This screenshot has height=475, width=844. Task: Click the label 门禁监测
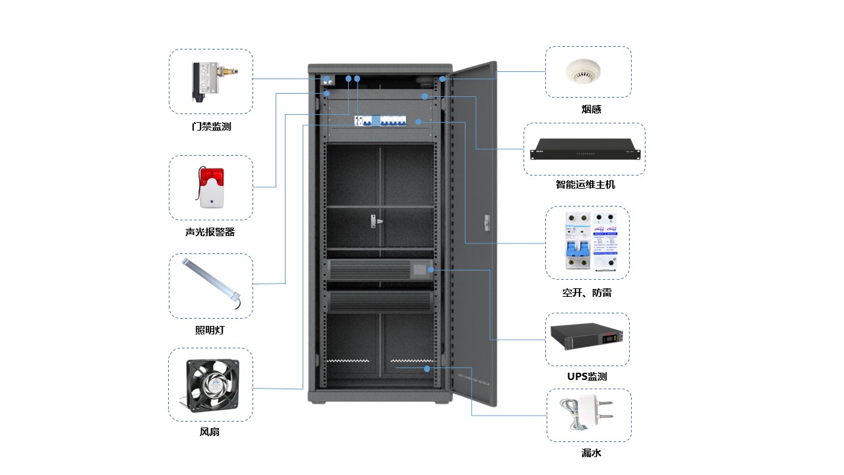pyautogui.click(x=211, y=126)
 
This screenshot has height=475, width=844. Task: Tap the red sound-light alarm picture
pyautogui.click(x=210, y=187)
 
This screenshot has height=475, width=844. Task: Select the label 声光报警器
pyautogui.click(x=210, y=232)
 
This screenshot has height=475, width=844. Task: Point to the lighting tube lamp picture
pyautogui.click(x=210, y=286)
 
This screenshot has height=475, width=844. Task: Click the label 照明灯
pyautogui.click(x=210, y=330)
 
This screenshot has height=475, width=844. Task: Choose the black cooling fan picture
pyautogui.click(x=210, y=384)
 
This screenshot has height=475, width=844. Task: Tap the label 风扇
pyautogui.click(x=210, y=432)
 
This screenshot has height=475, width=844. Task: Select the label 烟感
pyautogui.click(x=591, y=110)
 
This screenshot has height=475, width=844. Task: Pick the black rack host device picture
pyautogui.click(x=585, y=149)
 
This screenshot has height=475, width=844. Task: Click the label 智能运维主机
pyautogui.click(x=585, y=185)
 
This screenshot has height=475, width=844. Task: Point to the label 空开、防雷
pyautogui.click(x=587, y=292)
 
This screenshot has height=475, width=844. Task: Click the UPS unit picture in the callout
pyautogui.click(x=587, y=339)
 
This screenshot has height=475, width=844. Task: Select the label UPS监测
pyautogui.click(x=587, y=377)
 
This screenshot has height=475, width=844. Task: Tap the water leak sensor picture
pyautogui.click(x=587, y=414)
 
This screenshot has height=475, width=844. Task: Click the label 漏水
pyautogui.click(x=591, y=453)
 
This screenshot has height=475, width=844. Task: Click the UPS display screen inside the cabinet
pyautogui.click(x=419, y=269)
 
